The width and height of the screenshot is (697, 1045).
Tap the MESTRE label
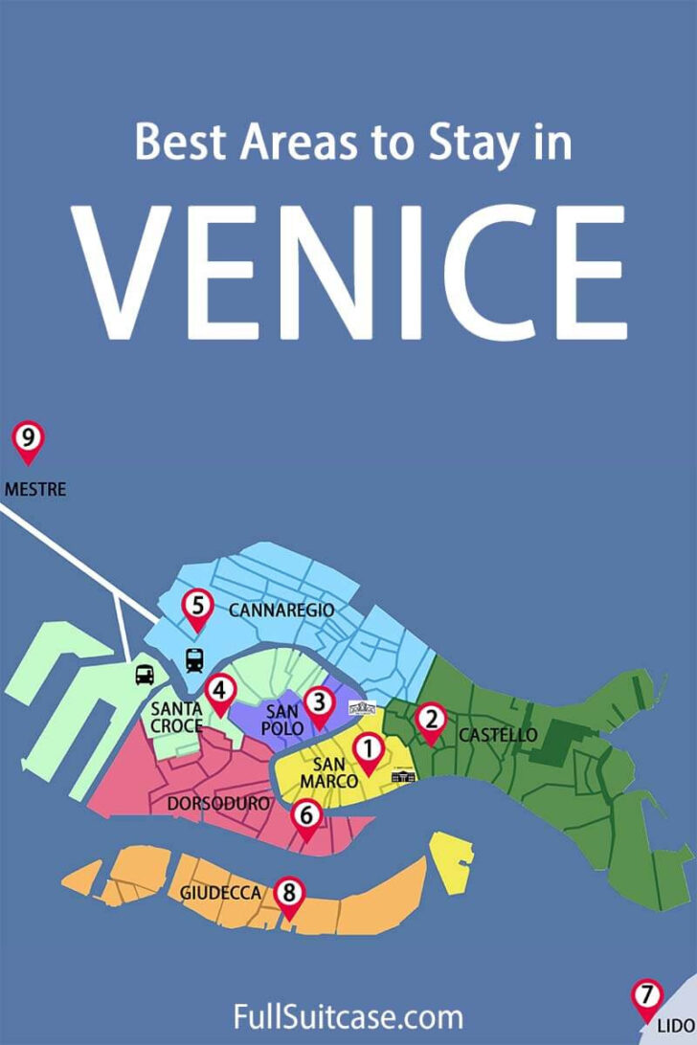pos(35,489)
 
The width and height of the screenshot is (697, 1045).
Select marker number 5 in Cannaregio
pos(197,606)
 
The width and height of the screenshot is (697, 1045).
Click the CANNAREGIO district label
pos(281,609)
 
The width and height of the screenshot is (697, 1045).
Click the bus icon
pos(144,674)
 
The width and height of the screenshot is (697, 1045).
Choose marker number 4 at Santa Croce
pos(220,691)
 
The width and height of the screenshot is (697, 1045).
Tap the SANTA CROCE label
pos(176,717)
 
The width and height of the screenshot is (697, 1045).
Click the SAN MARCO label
pos(329,772)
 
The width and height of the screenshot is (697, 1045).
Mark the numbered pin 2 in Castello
pos(431,720)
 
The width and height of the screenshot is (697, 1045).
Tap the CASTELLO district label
pos(497,735)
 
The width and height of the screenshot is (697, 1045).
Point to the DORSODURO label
pos(218,804)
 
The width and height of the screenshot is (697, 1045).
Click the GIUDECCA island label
pos(220,893)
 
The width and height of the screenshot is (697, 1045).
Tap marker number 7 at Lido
pos(647,995)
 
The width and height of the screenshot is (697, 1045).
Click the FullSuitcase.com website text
pos(348,1015)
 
